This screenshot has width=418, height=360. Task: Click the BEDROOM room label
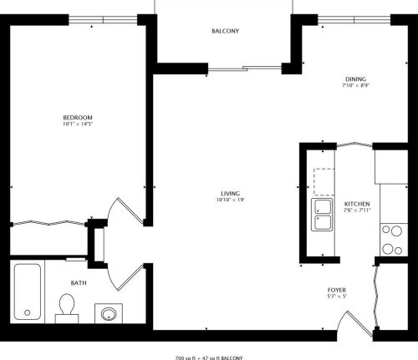[77, 117]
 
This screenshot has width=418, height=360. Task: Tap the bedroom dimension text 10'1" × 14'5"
[77, 124]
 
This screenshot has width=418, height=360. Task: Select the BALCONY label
[225, 32]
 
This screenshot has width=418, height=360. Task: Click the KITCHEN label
[357, 204]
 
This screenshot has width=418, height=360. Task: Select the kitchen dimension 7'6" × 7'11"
[357, 211]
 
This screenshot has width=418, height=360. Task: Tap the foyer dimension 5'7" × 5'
[337, 296]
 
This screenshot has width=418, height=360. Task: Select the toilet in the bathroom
[65, 307]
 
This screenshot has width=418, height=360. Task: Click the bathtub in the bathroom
[28, 292]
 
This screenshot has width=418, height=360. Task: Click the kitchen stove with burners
[390, 239]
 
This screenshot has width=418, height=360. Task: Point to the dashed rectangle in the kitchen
[324, 179]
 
